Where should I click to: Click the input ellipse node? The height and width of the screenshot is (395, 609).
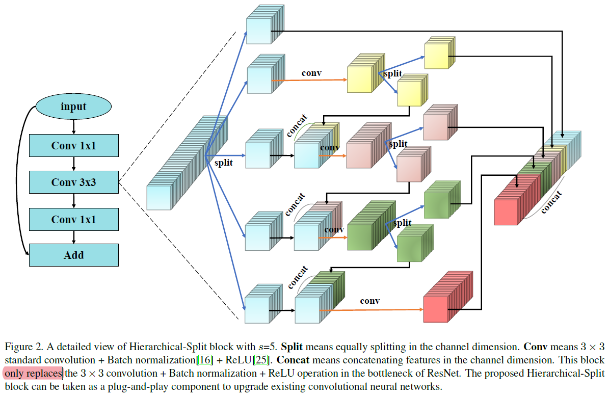[x=73, y=107]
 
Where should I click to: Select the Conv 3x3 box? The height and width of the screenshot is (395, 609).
[x=73, y=182]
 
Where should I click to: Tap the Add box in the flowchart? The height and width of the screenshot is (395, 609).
[x=73, y=255]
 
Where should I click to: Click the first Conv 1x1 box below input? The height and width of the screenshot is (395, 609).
[x=73, y=146]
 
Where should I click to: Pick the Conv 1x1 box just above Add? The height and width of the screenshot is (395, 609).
[x=73, y=219]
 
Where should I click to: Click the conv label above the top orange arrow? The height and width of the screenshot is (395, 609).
[x=311, y=73]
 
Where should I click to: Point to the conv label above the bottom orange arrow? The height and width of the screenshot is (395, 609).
[x=369, y=301]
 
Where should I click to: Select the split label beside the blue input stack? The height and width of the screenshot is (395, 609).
[x=223, y=163]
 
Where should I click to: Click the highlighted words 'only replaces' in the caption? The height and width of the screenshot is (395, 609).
[x=33, y=374]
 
